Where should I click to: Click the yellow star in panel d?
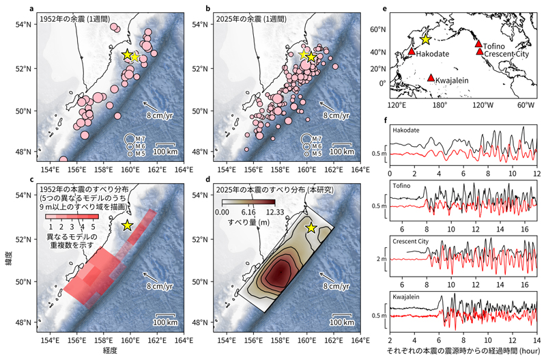pyautogui.click(x=311, y=227)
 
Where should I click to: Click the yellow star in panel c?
pyautogui.click(x=127, y=225)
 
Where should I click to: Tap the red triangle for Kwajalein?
pyautogui.click(x=431, y=78)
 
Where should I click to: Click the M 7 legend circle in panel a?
pyautogui.click(x=128, y=139)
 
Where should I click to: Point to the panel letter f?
pyautogui.click(x=386, y=120)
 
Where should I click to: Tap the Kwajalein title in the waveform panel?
pyautogui.click(x=406, y=296)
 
